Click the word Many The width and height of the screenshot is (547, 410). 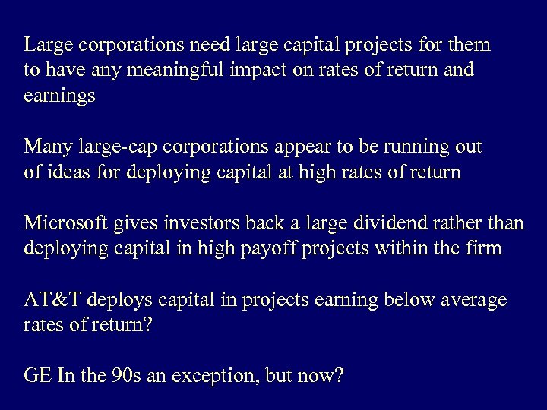point(46,145)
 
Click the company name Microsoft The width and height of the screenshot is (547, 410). point(67,223)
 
